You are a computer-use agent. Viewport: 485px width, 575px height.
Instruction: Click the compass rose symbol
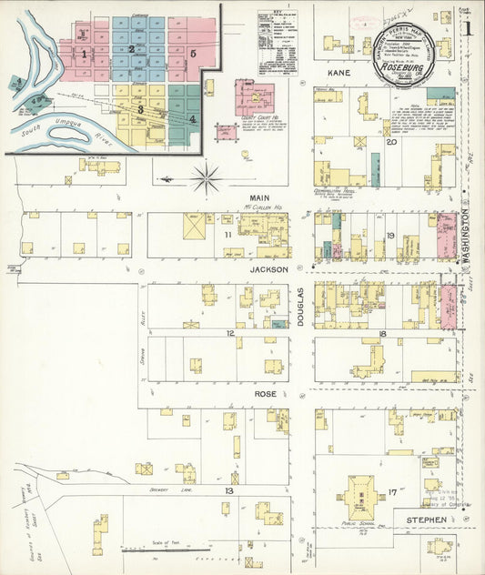(207, 177)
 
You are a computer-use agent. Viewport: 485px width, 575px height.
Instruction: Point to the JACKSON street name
(269, 269)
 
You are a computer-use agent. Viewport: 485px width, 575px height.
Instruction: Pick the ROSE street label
(265, 395)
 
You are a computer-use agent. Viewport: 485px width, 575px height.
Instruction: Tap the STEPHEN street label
(426, 520)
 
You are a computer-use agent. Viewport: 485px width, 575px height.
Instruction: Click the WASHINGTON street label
(463, 235)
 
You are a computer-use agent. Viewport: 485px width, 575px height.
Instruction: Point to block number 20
(391, 142)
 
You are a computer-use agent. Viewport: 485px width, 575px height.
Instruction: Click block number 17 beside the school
(391, 492)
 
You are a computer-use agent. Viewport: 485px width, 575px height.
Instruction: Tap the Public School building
(359, 499)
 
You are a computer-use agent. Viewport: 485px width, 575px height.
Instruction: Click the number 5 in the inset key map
(194, 54)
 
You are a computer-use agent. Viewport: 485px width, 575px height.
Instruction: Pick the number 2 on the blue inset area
(132, 50)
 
